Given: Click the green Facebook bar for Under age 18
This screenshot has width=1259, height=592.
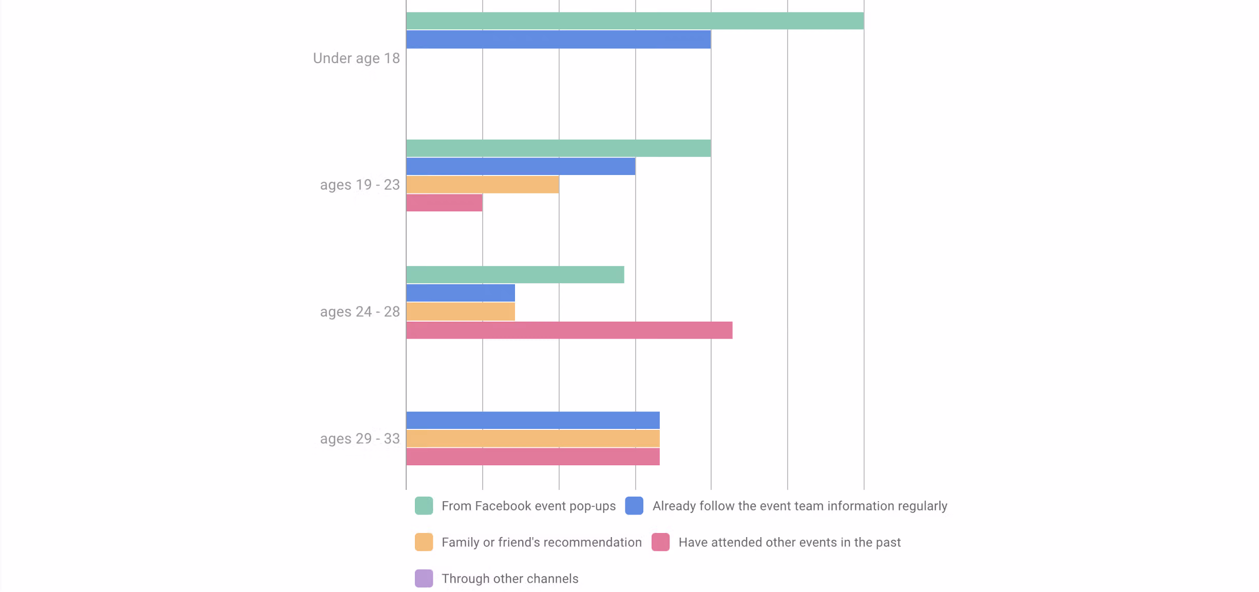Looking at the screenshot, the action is (x=635, y=21).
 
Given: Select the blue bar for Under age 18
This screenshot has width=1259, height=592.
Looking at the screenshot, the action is (x=558, y=40).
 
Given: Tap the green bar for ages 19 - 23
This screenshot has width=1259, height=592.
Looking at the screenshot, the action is (x=558, y=148).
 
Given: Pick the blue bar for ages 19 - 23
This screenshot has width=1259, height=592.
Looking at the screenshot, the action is (x=521, y=166).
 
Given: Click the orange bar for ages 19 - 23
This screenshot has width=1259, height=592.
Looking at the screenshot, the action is (x=482, y=185).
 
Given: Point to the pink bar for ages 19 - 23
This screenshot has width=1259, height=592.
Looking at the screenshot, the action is (x=444, y=203).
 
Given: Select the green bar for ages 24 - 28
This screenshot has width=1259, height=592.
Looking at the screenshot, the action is (x=515, y=275).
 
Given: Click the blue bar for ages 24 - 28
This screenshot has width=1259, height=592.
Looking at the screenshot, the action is (x=461, y=293).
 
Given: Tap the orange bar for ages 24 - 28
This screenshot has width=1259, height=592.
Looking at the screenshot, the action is (x=461, y=311).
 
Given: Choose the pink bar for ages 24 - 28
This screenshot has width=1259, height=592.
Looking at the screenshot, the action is (x=569, y=330).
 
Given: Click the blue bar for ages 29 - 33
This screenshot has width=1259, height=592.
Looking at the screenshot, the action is (x=533, y=420).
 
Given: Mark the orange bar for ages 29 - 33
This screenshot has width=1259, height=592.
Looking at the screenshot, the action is (x=533, y=439).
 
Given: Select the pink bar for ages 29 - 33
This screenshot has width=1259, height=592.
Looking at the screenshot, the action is (x=533, y=457).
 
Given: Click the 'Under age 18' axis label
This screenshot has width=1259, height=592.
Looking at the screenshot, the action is (x=356, y=58).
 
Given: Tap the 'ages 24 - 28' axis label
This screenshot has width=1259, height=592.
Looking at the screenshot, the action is (x=360, y=312).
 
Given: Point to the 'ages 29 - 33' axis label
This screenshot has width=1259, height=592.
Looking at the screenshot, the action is (x=360, y=439).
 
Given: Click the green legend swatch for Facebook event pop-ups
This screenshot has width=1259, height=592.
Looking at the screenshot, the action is (x=424, y=506).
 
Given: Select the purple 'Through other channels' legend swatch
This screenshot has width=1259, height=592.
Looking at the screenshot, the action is (x=424, y=579).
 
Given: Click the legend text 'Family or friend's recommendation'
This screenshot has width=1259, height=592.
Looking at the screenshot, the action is (x=542, y=542).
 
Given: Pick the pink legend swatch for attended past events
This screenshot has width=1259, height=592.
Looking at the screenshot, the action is (x=660, y=542).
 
